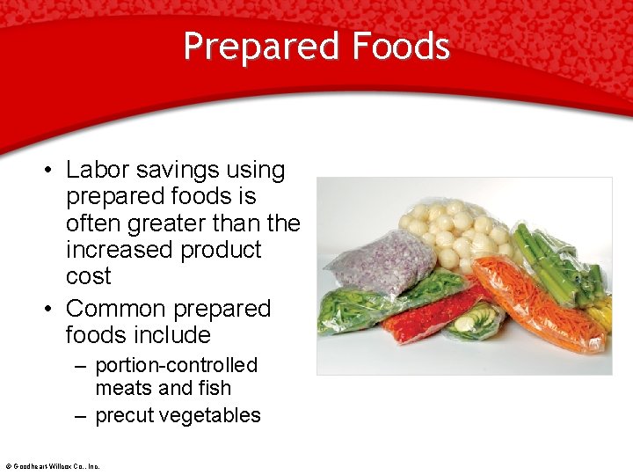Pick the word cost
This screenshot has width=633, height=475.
[x=88, y=276]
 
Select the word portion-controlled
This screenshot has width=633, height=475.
[x=176, y=365]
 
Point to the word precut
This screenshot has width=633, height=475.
[x=124, y=415]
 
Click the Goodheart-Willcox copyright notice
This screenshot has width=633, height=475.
[x=52, y=466]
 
